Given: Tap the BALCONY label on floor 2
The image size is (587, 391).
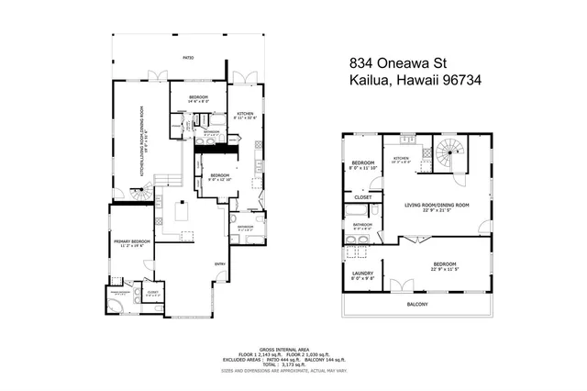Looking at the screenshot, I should tap(418, 304).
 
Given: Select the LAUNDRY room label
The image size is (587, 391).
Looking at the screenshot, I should tap(360, 274).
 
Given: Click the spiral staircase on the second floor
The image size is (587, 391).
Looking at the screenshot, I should tap(450, 153).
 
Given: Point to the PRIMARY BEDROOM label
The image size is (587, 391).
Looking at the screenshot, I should tap(129, 243).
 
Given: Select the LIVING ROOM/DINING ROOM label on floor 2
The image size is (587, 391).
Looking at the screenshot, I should tap(437, 207).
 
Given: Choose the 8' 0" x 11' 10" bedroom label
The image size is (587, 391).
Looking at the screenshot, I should tap(364, 166).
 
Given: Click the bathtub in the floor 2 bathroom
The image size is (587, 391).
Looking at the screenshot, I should tap(361, 243).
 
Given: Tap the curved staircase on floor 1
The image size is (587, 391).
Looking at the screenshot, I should tap(140, 194).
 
